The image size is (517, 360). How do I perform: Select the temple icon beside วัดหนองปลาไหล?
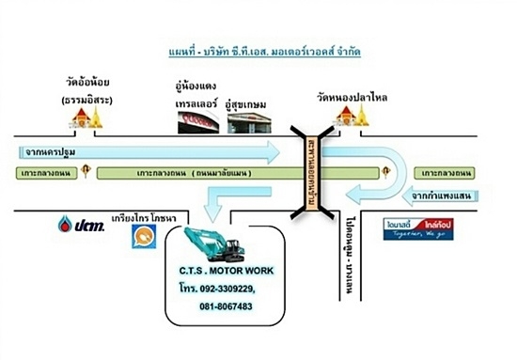pyautogui.click(x=346, y=116)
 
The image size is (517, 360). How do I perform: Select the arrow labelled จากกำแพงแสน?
pyautogui.click(x=449, y=196)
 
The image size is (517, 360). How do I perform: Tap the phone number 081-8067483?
pyautogui.click(x=226, y=306)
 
